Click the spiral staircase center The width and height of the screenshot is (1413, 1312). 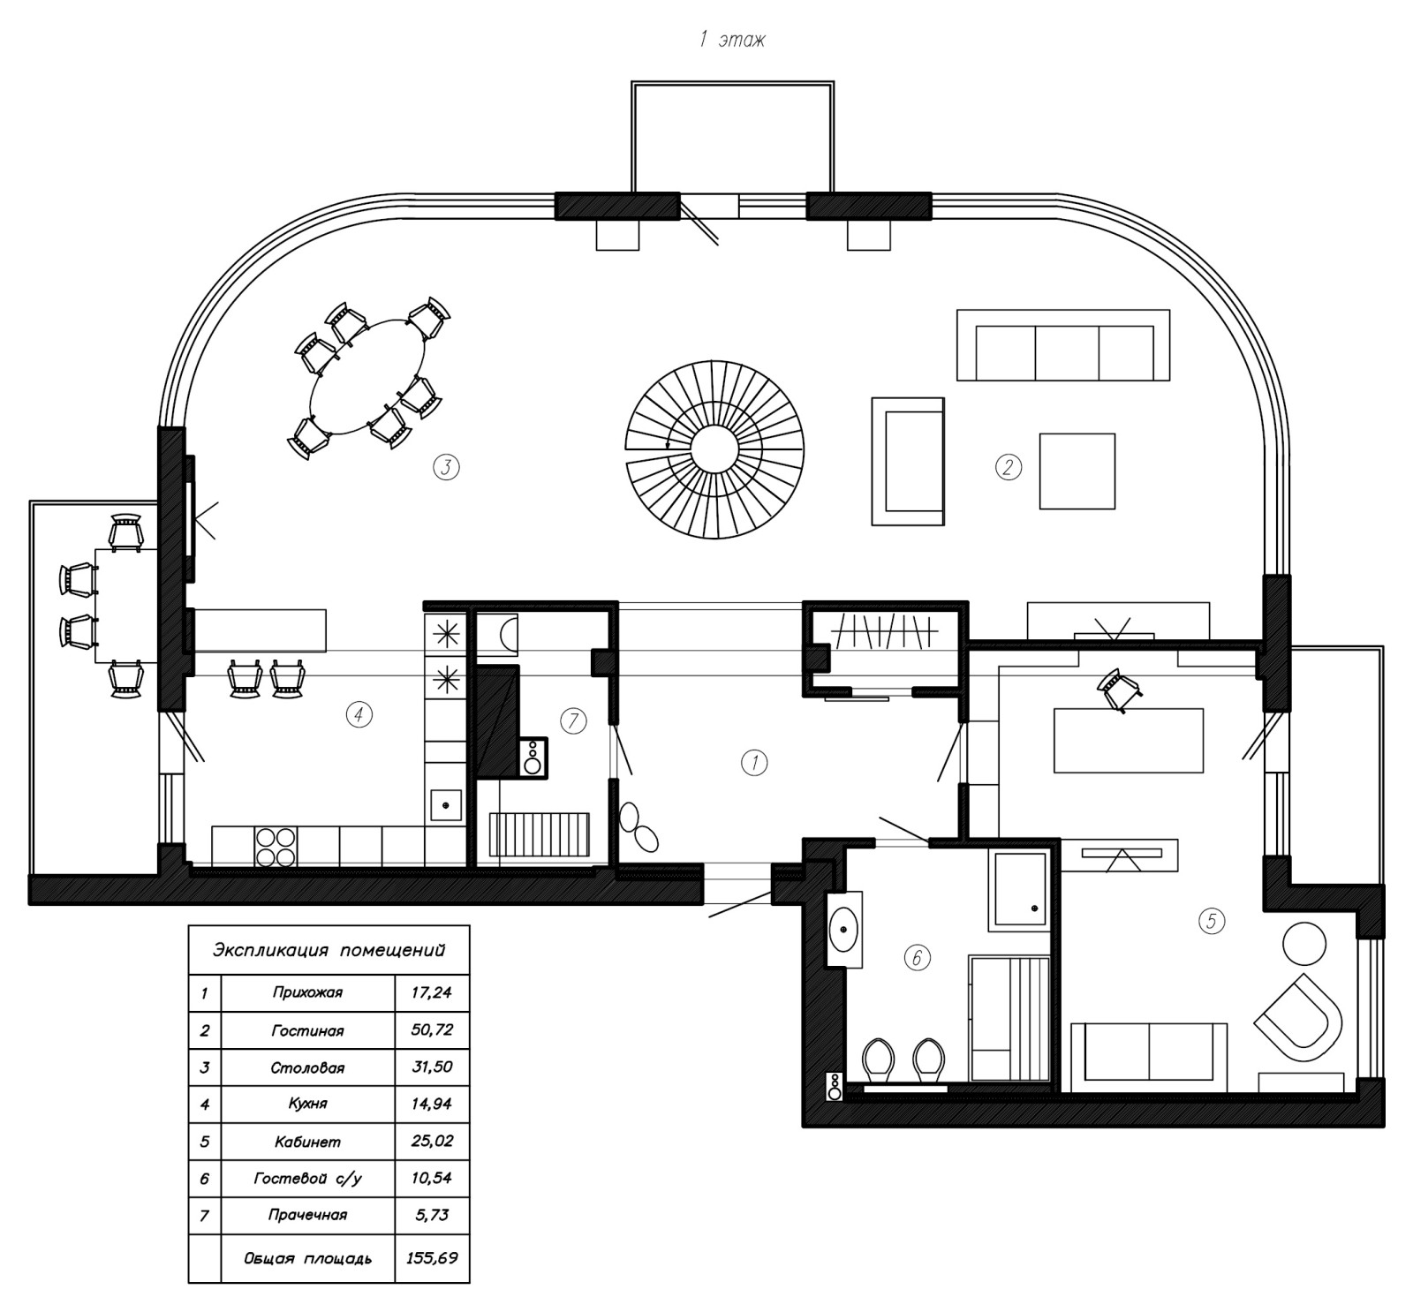point(715,448)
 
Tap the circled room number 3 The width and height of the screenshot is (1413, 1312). point(447,466)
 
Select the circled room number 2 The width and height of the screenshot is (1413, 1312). point(1008,466)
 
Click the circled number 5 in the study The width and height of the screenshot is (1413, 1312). point(1212,922)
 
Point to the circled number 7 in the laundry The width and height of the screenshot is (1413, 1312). point(573,721)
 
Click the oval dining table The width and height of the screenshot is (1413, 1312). point(366,376)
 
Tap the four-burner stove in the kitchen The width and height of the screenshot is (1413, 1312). point(276,846)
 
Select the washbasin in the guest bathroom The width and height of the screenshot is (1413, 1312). point(845,929)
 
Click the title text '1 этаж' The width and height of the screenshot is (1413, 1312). point(732,41)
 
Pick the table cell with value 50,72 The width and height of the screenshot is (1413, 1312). point(432,1029)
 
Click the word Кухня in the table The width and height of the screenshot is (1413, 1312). point(307,1104)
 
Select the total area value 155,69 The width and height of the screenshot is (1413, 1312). point(432,1257)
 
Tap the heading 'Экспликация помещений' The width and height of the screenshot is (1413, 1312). point(329,950)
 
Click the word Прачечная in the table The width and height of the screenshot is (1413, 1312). point(307,1215)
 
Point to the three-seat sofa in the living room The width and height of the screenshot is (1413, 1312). point(1063,345)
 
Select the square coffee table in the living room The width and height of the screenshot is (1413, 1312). point(1077,471)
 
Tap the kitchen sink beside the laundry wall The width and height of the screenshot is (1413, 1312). point(446,805)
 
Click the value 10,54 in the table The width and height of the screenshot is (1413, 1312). point(432,1178)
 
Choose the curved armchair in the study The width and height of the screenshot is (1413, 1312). point(1298,1021)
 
